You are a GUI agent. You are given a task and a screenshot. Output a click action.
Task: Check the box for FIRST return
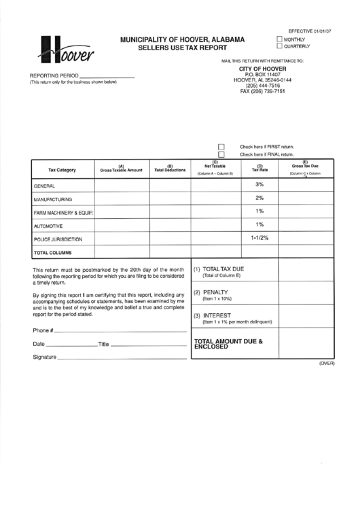pyautogui.click(x=221, y=146)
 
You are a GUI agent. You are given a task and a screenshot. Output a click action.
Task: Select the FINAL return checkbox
pyautogui.click(x=221, y=154)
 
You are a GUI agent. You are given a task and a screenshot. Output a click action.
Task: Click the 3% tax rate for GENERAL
pyautogui.click(x=259, y=184)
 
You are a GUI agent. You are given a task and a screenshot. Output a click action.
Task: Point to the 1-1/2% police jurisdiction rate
pyautogui.click(x=259, y=238)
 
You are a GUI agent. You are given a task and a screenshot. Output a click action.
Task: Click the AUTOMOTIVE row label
pyautogui.click(x=48, y=226)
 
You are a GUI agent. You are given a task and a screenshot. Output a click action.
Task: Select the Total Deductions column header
pyautogui.click(x=170, y=169)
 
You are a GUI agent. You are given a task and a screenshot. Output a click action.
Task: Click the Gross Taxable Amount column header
pyautogui.click(x=121, y=169)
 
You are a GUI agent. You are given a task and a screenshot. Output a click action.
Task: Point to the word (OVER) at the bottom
pyautogui.click(x=327, y=364)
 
